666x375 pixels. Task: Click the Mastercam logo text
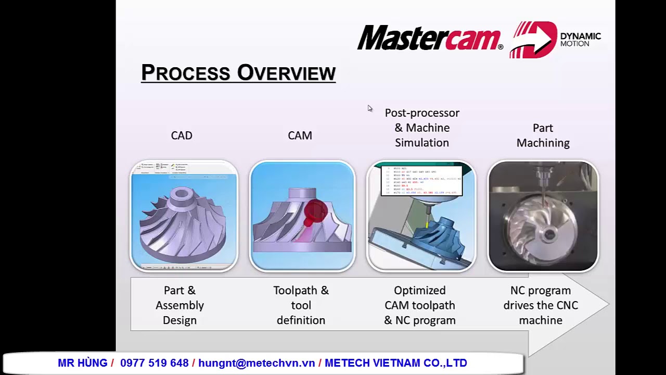[429, 38]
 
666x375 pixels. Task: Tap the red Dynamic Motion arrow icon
[533, 39]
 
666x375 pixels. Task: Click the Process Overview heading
[238, 73]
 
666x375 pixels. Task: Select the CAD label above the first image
[182, 135]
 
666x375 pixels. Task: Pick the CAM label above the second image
[300, 135]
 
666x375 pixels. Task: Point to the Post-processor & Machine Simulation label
[422, 128]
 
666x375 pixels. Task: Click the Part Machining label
[543, 135]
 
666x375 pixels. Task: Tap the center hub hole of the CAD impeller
[183, 194]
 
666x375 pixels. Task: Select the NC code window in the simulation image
[421, 180]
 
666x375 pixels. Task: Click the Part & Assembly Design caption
[180, 305]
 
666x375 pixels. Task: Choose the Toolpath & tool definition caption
[301, 305]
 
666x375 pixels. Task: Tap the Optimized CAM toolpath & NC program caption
[420, 305]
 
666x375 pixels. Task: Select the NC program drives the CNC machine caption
[541, 305]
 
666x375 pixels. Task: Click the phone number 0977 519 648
[154, 363]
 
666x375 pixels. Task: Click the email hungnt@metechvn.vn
[257, 363]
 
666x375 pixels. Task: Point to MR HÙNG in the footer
[82, 363]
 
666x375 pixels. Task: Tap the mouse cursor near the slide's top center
[370, 108]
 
